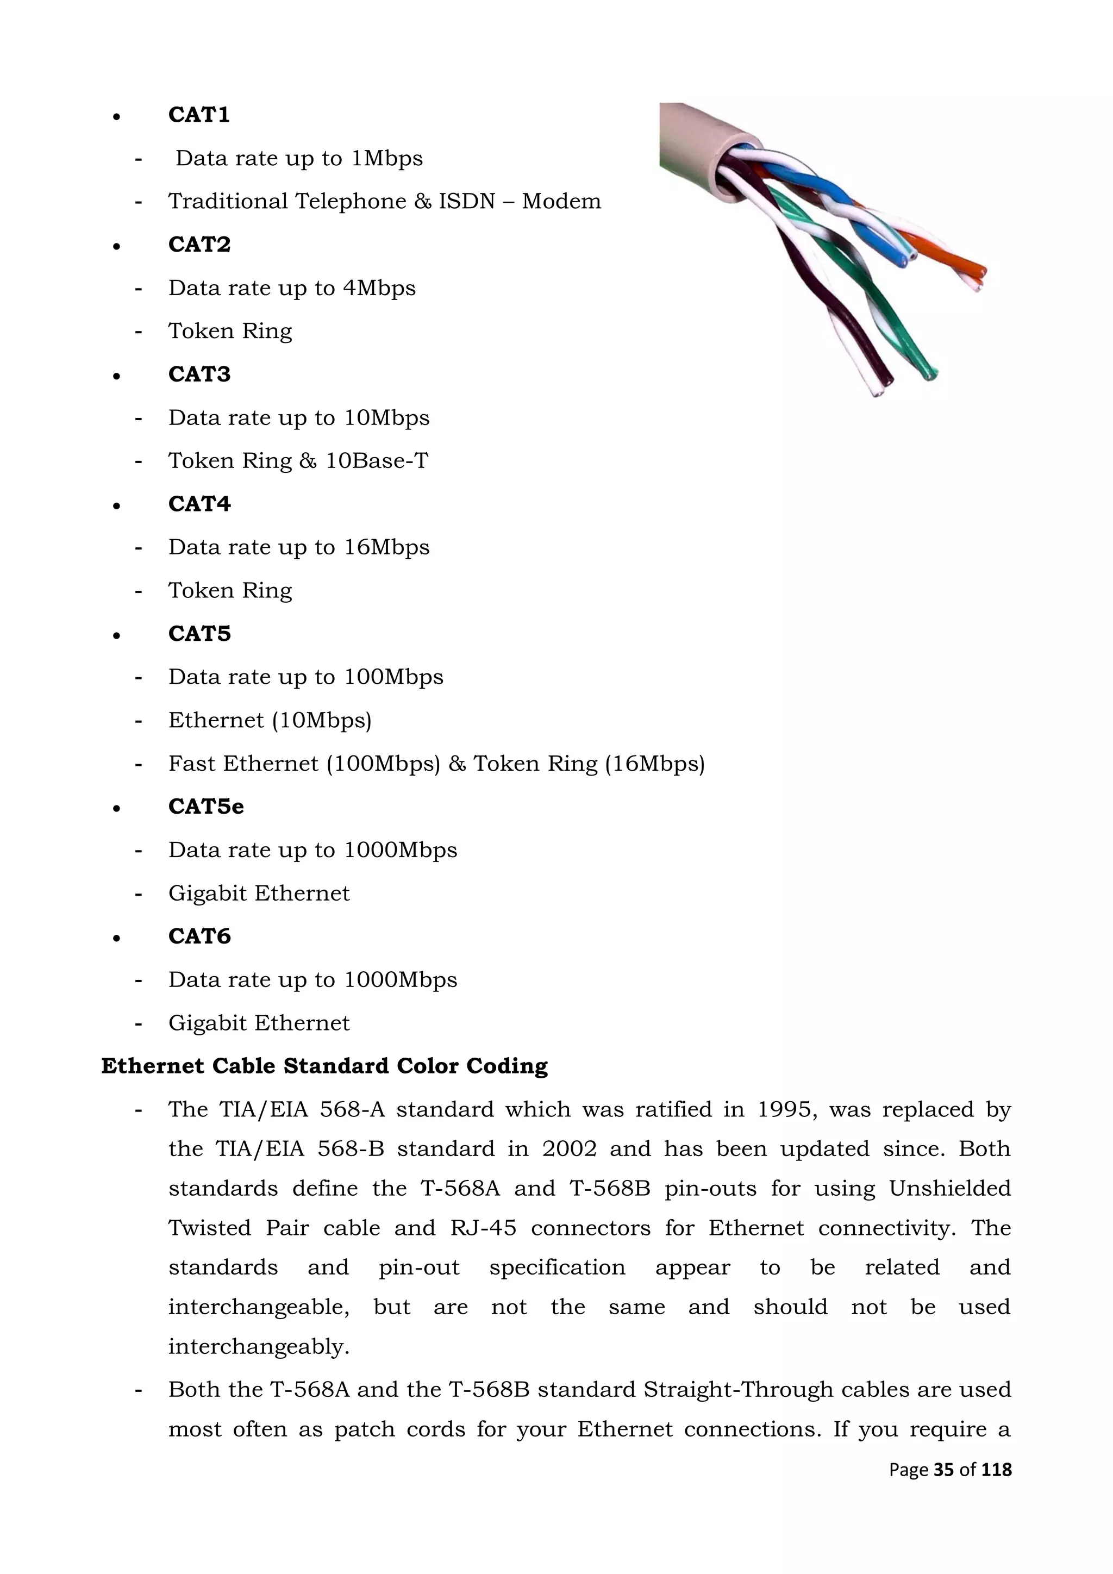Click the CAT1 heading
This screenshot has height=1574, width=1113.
click(x=199, y=115)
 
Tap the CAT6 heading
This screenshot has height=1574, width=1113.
click(x=199, y=936)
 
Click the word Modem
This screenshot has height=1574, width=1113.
click(x=561, y=201)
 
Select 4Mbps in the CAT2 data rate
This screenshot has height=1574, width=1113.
click(x=379, y=288)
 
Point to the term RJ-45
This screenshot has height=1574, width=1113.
click(x=483, y=1227)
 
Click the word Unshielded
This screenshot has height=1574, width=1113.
click(x=949, y=1188)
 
